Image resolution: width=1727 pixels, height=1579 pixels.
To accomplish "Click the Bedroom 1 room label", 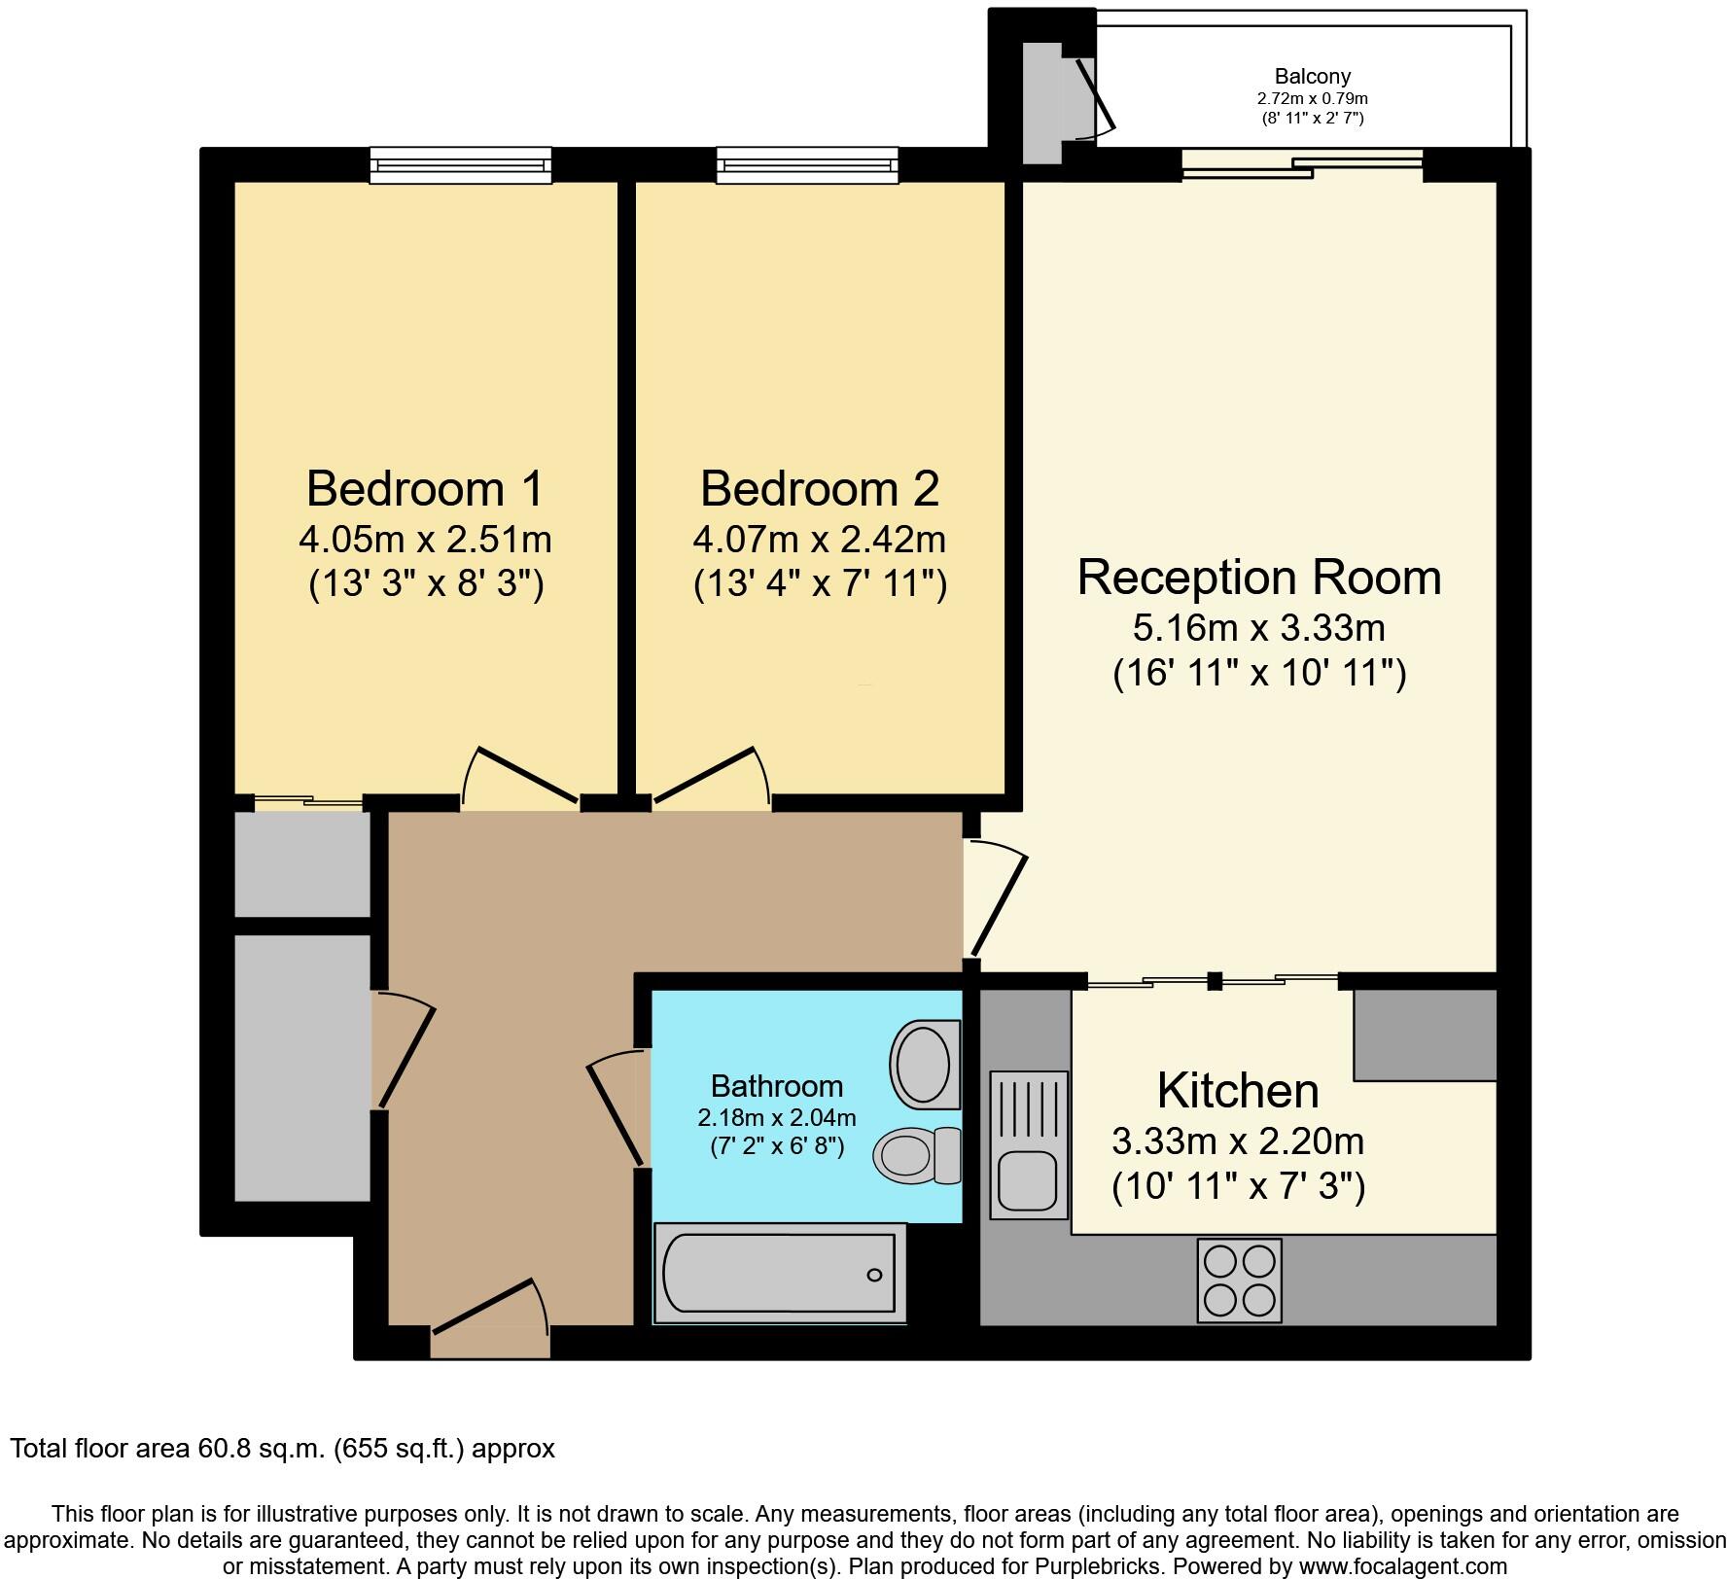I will click(425, 488).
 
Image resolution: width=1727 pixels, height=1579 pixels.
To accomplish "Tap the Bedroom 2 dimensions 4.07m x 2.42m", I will click(819, 538).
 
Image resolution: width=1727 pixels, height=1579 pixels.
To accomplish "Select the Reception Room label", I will click(1258, 577).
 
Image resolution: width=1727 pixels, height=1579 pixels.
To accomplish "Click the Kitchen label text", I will click(1237, 1090).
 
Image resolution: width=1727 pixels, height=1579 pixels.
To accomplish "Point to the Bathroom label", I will click(776, 1085).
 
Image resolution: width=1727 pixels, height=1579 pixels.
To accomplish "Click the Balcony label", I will click(1312, 76).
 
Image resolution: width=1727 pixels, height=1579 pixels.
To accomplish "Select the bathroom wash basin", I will click(922, 1063).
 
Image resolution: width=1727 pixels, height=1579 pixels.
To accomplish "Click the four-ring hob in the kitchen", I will click(1239, 1280).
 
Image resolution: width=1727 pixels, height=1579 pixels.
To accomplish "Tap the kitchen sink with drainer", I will click(1028, 1145).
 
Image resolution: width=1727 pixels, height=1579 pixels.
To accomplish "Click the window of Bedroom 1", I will click(460, 165).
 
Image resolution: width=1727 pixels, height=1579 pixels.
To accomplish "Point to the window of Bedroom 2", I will click(807, 165).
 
